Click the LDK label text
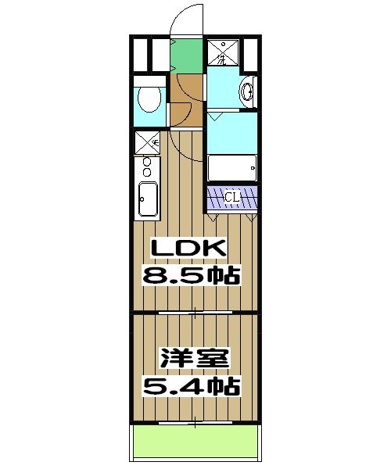coord(188,249)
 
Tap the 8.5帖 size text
coord(189,275)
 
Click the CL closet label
coord(232,197)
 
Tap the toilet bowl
coord(149,98)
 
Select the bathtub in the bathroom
coord(232,167)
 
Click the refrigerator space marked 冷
coord(147,141)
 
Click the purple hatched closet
coord(232,198)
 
